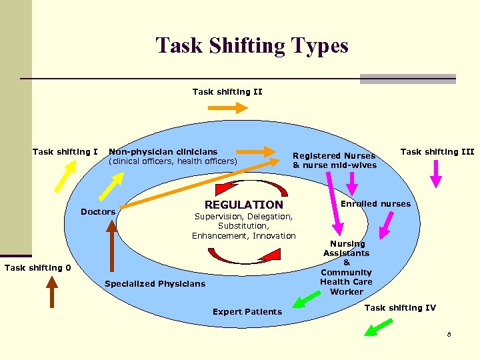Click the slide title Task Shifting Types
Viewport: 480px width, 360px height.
252,46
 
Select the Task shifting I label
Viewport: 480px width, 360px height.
65,152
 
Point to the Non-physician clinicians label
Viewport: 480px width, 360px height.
163,152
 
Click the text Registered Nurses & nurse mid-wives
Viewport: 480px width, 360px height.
335,161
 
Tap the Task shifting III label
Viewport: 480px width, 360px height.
437,152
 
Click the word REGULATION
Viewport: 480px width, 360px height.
243,205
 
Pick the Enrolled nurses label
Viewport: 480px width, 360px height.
376,204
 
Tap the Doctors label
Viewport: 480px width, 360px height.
98,212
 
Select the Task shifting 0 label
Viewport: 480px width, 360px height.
37,268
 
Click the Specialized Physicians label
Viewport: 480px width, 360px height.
155,284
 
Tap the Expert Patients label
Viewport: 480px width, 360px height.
247,312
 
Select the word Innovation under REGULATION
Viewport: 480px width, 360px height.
274,236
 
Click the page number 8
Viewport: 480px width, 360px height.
449,335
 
